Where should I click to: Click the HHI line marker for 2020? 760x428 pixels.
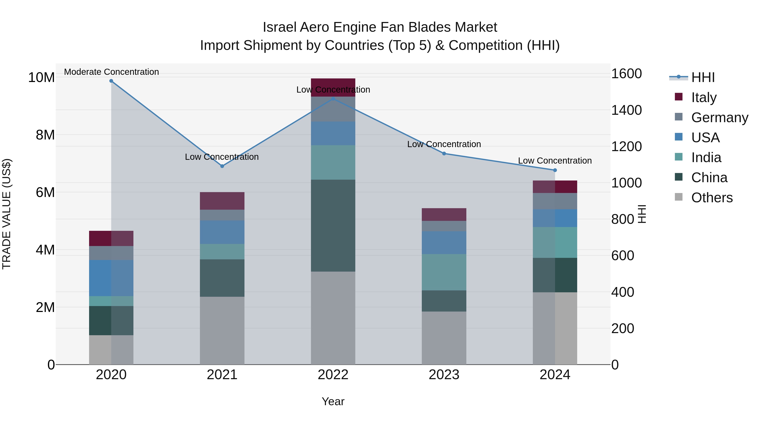tap(111, 81)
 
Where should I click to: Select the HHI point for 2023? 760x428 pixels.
tap(444, 154)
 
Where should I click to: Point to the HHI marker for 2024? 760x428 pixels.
tap(555, 170)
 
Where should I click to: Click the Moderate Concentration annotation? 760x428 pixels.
tap(111, 72)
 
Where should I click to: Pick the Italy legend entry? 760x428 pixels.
tap(704, 97)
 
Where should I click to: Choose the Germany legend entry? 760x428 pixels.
tap(719, 118)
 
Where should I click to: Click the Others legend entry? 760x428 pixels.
tap(712, 198)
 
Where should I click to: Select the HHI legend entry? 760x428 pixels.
tap(703, 77)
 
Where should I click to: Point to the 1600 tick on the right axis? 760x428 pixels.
tap(626, 74)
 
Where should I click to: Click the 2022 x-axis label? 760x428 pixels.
tap(333, 375)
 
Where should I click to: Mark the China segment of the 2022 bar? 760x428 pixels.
tap(333, 226)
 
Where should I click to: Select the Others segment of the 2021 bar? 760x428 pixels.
tap(222, 331)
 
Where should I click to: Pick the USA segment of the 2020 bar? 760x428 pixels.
tap(111, 278)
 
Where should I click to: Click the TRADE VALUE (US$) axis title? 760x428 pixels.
tap(7, 214)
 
